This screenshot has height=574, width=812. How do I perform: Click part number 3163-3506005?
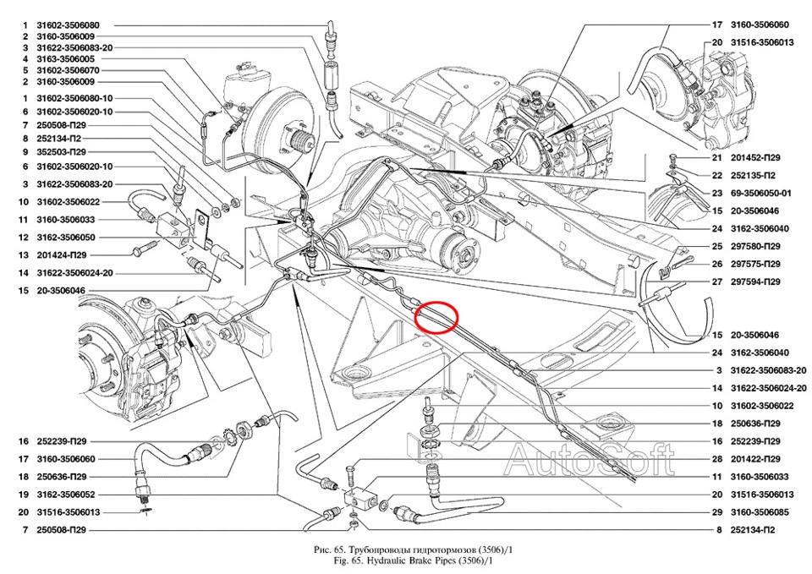66,59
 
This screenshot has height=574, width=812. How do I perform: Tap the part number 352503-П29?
63,151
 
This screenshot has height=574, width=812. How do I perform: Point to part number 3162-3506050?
66,237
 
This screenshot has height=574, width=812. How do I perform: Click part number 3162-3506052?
66,495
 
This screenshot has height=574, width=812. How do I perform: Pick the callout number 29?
716,512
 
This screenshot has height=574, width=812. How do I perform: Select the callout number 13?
25,254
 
